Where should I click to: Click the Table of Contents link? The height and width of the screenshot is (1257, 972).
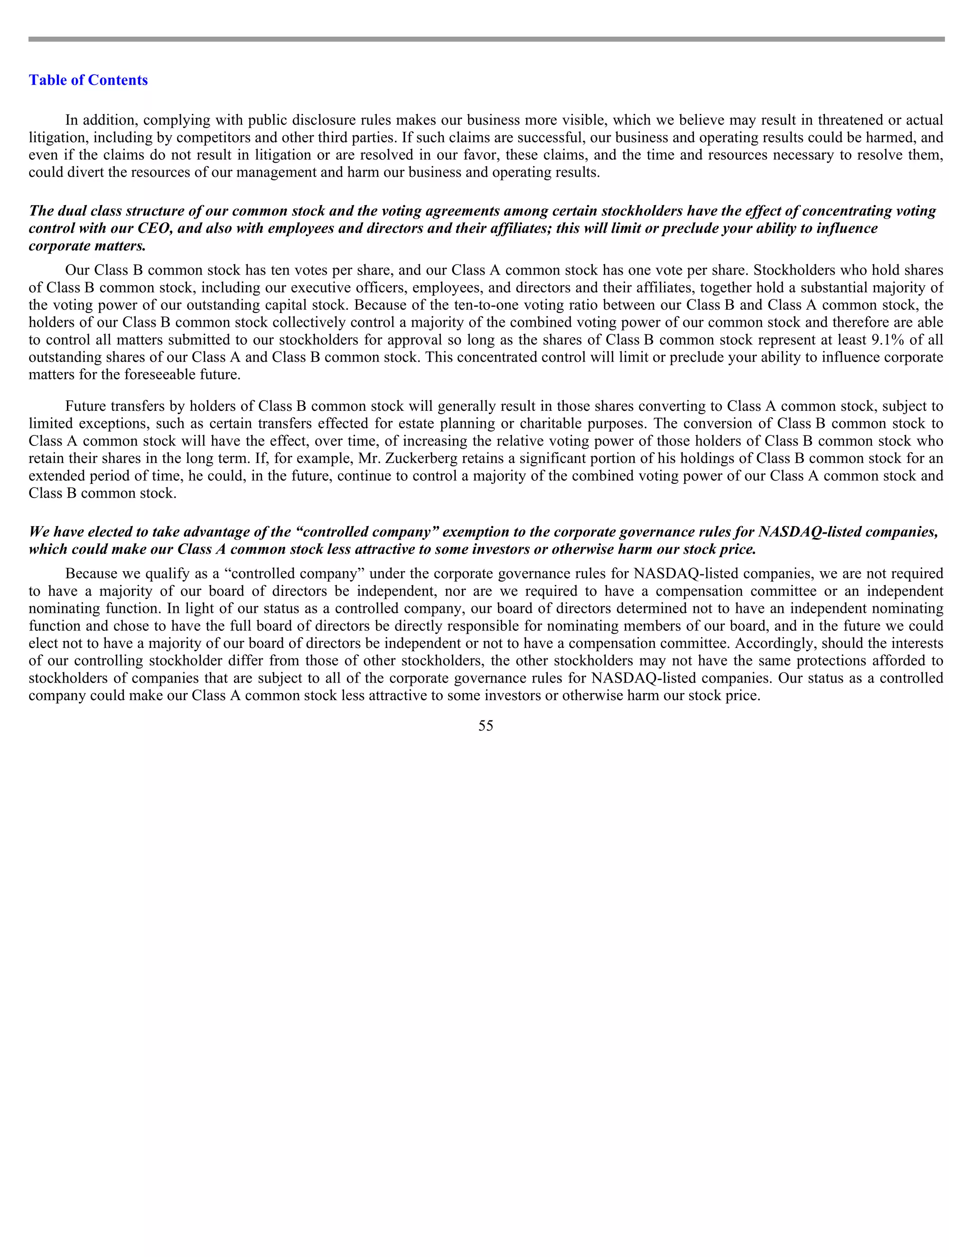click(88, 80)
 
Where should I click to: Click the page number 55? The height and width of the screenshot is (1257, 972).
click(486, 726)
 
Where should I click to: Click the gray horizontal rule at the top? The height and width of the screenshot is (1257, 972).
click(486, 39)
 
